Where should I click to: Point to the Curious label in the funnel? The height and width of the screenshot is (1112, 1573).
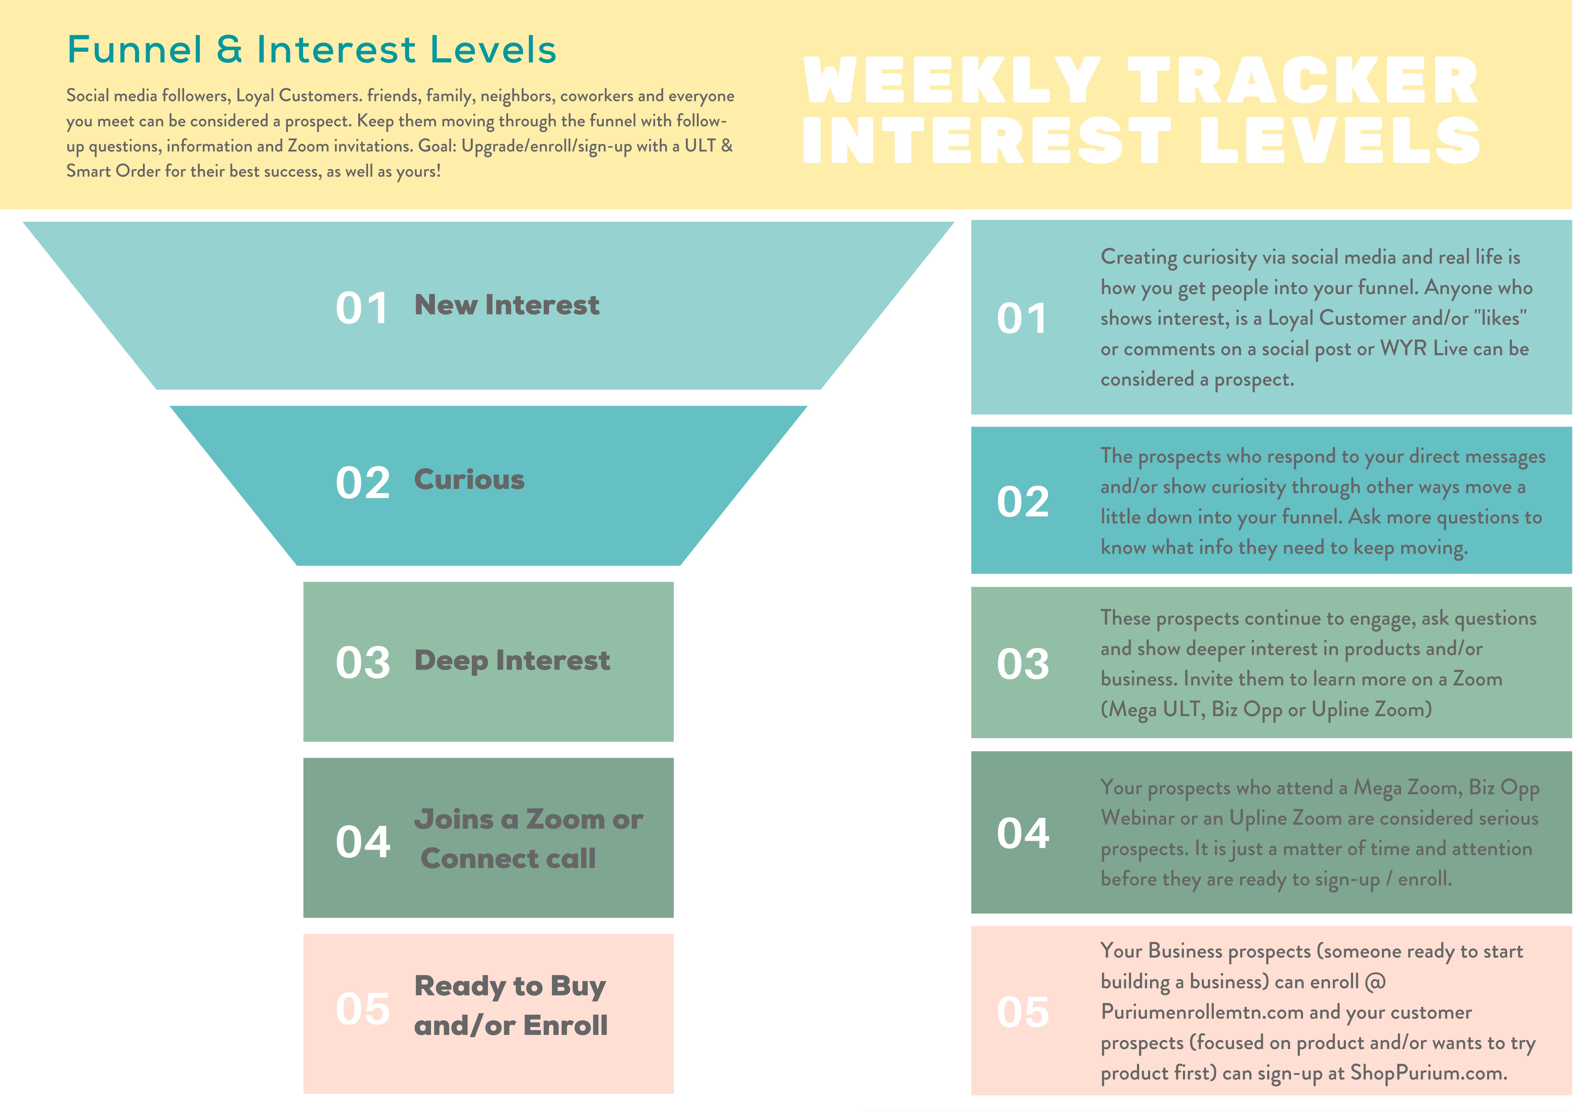[x=469, y=480]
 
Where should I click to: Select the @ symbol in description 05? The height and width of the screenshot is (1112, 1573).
[x=1375, y=982]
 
